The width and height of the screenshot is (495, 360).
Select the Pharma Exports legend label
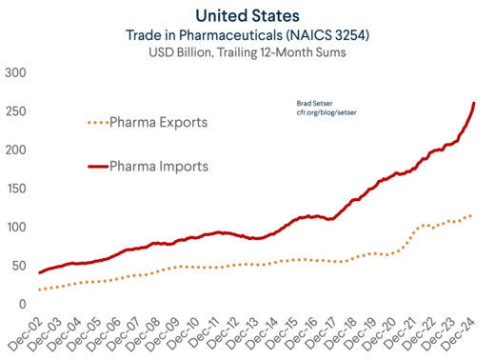point(158,123)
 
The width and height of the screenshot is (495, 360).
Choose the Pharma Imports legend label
point(158,167)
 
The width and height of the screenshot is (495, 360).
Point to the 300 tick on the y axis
point(16,73)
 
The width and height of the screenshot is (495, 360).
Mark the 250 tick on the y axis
point(16,111)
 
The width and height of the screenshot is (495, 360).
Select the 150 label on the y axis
point(16,189)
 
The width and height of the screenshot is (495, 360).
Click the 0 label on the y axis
point(24,304)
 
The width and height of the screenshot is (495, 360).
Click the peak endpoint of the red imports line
point(474,103)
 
